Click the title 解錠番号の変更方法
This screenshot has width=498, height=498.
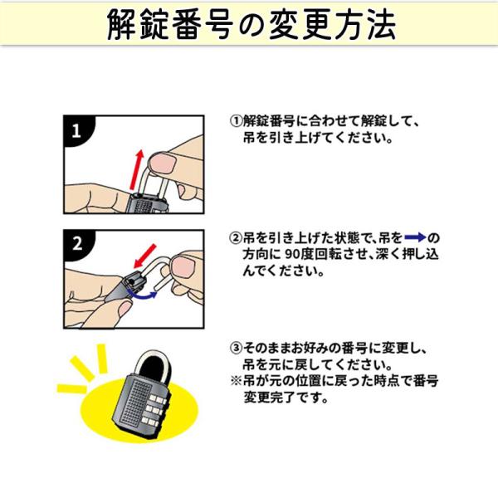pyautogui.click(x=251, y=25)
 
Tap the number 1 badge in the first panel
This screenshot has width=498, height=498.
pyautogui.click(x=76, y=130)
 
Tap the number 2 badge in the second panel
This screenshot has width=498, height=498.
pyautogui.click(x=77, y=244)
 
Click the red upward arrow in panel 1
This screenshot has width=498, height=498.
pyautogui.click(x=137, y=170)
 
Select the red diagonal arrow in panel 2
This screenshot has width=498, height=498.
pyautogui.click(x=144, y=256)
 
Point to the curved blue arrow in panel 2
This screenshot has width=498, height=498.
pyautogui.click(x=142, y=295)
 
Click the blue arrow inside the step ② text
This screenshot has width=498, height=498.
pyautogui.click(x=415, y=237)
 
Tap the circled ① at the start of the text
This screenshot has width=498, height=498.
pyautogui.click(x=237, y=121)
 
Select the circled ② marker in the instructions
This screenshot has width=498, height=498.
pyautogui.click(x=237, y=238)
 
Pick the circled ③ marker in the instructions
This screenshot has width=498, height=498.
pyautogui.click(x=237, y=348)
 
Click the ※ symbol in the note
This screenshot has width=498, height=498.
pyautogui.click(x=237, y=381)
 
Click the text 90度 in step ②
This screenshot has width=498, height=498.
pyautogui.click(x=300, y=254)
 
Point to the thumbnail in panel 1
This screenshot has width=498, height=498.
pyautogui.click(x=163, y=162)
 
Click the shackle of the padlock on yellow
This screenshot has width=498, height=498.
pyautogui.click(x=154, y=364)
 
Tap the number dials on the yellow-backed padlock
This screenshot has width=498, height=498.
pyautogui.click(x=154, y=410)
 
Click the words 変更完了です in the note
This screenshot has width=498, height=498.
pyautogui.click(x=286, y=398)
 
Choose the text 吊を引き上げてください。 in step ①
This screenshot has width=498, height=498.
pyautogui.click(x=318, y=138)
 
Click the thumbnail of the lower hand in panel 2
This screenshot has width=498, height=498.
pyautogui.click(x=125, y=309)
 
